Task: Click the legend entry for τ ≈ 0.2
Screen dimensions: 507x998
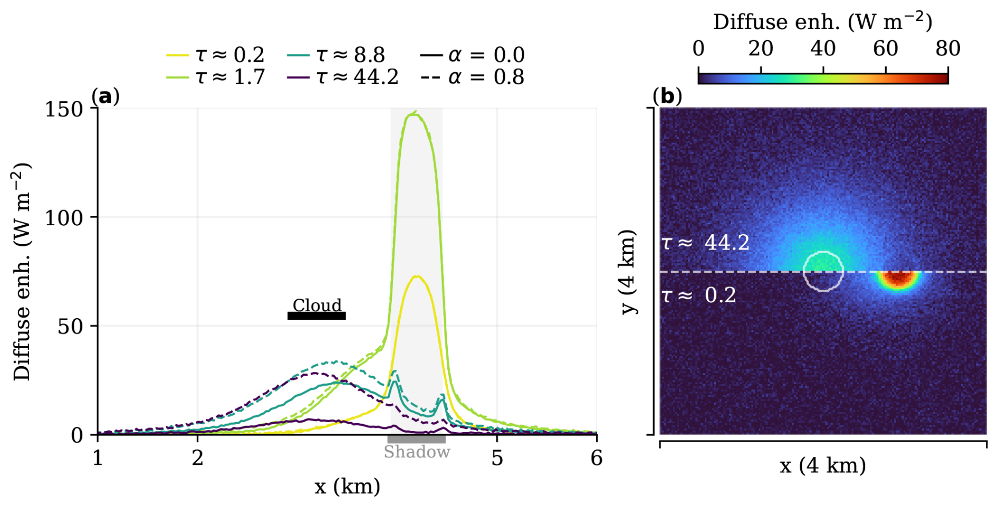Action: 215,55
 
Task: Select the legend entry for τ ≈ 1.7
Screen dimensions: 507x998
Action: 215,77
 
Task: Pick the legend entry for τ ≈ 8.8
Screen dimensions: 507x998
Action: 336,55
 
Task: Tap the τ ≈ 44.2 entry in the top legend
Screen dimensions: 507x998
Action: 343,77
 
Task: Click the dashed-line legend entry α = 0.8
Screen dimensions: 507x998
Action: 472,77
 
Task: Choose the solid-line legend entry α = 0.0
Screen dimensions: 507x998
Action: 472,55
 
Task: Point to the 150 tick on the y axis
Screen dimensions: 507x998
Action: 64,109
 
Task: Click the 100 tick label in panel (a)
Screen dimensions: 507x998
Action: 64,217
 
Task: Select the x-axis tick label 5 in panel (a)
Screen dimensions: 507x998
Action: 497,458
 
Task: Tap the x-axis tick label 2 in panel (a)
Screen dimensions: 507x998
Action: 197,458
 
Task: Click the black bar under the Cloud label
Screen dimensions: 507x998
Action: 316,316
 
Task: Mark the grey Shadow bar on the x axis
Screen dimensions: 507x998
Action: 416,439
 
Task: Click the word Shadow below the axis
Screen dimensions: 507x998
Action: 417,452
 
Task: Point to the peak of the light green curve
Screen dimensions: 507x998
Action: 415,113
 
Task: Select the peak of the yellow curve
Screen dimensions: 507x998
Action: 417,276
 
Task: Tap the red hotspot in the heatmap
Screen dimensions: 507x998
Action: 899,278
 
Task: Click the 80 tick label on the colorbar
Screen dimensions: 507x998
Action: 947,49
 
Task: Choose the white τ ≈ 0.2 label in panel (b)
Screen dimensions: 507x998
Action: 699,295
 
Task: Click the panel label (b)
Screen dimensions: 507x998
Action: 667,96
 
